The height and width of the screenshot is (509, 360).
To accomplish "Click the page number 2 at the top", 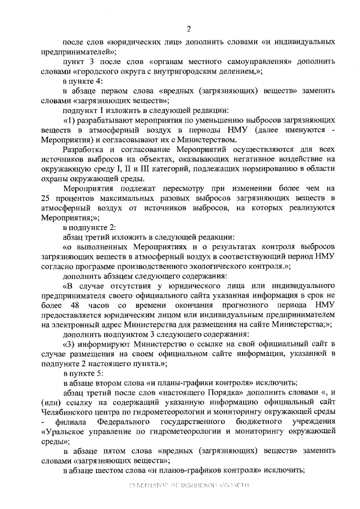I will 188,29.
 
